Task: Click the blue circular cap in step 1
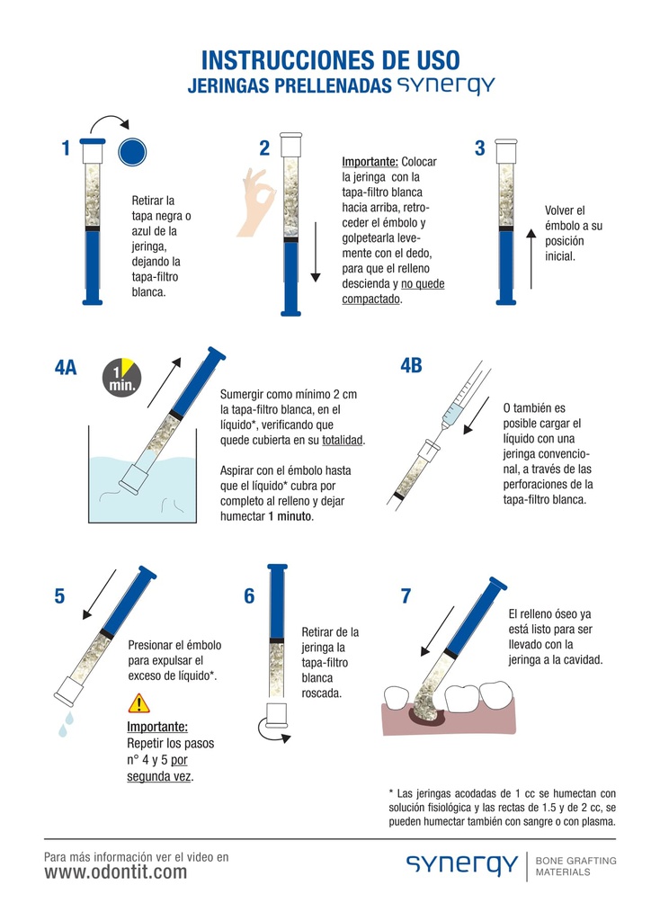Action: (132, 152)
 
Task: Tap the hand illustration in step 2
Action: (257, 201)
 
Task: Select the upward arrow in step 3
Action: (531, 259)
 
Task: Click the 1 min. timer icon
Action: (121, 377)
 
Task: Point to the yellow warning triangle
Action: (139, 703)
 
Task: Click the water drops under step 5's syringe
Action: (66, 724)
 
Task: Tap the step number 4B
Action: (411, 365)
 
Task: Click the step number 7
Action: (406, 596)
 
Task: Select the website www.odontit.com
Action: (116, 872)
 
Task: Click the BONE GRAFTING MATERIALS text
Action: (576, 866)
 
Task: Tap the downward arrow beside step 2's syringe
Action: (316, 252)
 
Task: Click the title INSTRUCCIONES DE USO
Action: (331, 60)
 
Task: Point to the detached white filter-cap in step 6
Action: (276, 712)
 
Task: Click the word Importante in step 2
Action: (370, 162)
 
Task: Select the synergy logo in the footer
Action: (462, 866)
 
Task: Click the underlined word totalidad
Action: (343, 440)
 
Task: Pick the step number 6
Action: (250, 596)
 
